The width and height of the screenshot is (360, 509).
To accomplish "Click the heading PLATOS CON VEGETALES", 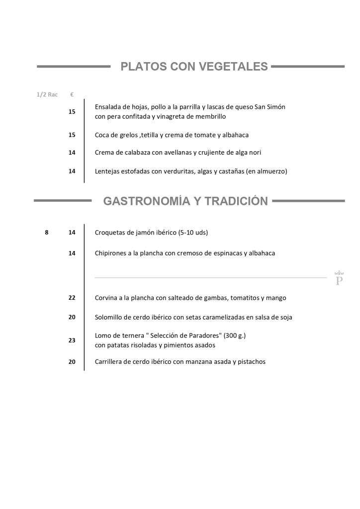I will [x=194, y=67].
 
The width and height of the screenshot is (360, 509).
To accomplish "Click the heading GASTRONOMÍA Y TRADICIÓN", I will [x=185, y=201].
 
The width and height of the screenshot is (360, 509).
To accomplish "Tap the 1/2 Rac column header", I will [x=47, y=94].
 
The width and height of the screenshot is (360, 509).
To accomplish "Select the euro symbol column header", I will [x=72, y=94].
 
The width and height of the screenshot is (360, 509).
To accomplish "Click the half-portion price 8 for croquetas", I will [x=47, y=232].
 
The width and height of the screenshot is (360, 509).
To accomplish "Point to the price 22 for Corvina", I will [x=72, y=298].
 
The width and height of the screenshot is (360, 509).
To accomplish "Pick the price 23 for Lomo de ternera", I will [x=72, y=340].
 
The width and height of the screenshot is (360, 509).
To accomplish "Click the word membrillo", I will [x=209, y=117].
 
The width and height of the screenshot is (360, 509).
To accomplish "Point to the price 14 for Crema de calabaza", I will [x=72, y=153].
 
